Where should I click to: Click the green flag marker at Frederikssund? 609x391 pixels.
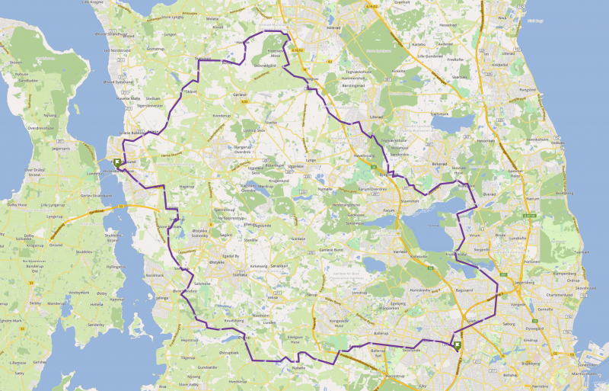(x=117, y=162)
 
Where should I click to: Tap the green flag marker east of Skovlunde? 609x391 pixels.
(x=457, y=346)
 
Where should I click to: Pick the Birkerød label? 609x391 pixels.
(x=440, y=163)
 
